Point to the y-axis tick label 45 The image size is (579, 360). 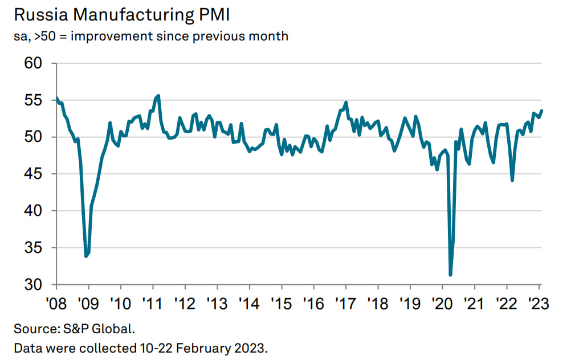[x=34, y=174]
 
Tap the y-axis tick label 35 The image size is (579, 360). [x=34, y=248]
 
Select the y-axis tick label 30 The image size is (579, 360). [x=34, y=285]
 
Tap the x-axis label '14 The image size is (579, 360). [x=249, y=302]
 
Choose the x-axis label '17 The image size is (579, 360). [x=345, y=302]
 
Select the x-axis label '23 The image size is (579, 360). [x=539, y=302]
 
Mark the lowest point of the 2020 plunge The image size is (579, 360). [x=451, y=275]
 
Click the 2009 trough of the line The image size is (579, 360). [x=86, y=256]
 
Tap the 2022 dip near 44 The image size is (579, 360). [x=512, y=181]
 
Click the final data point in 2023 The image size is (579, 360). [x=541, y=111]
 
